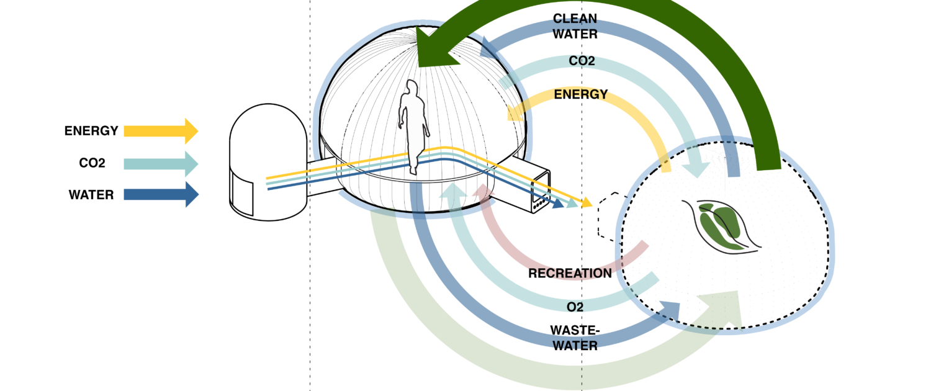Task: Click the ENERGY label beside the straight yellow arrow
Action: point(91,131)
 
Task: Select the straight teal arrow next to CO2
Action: point(161,164)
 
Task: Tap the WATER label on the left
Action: point(91,195)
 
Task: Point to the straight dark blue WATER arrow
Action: point(161,195)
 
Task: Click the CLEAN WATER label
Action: point(575,27)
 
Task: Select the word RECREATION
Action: point(570,273)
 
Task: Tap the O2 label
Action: point(575,307)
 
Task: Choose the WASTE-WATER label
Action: point(574,336)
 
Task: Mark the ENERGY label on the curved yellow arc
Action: point(581,94)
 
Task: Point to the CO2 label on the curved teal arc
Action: point(582,61)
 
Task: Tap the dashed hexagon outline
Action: point(608,217)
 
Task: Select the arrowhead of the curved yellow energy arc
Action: point(515,112)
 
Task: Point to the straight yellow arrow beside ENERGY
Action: point(161,131)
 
